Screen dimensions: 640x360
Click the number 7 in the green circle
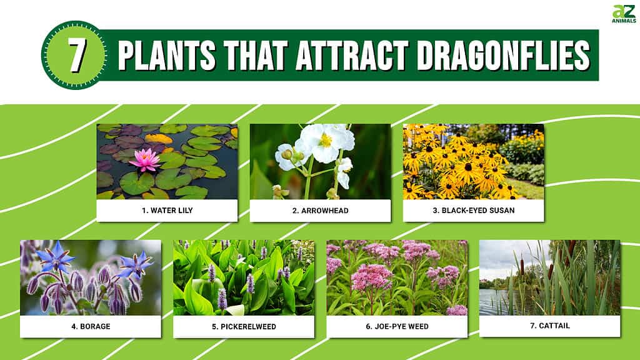pyautogui.click(x=76, y=55)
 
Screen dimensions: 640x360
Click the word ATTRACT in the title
pyautogui.click(x=352, y=55)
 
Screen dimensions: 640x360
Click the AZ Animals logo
pyautogui.click(x=624, y=14)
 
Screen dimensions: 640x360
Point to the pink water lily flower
pyautogui.click(x=144, y=159)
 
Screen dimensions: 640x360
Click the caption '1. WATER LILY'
pyautogui.click(x=167, y=211)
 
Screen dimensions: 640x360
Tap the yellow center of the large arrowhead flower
pyautogui.click(x=326, y=141)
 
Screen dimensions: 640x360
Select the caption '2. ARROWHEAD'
pyautogui.click(x=321, y=211)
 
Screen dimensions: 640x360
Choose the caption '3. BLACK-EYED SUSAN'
pyautogui.click(x=474, y=211)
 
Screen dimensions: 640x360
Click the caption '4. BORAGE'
pyautogui.click(x=91, y=326)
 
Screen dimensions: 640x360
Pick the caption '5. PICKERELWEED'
pyautogui.click(x=244, y=326)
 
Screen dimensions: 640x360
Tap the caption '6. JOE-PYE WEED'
pyautogui.click(x=397, y=326)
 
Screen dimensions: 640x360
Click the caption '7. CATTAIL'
pyautogui.click(x=550, y=326)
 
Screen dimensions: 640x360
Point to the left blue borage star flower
pyautogui.click(x=56, y=257)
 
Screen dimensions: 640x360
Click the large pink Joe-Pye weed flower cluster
pyautogui.click(x=371, y=277)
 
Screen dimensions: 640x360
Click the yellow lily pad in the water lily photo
pyautogui.click(x=159, y=139)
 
